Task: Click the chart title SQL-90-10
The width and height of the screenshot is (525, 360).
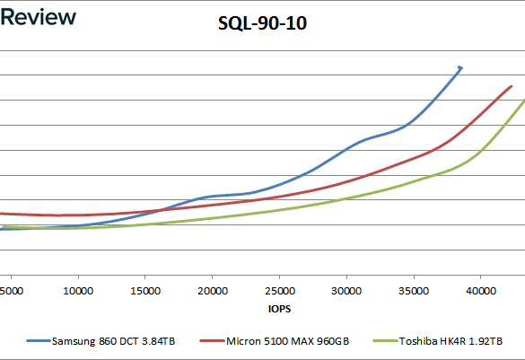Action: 262,23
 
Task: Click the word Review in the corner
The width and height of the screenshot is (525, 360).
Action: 38,17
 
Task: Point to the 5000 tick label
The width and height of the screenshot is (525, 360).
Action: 12,291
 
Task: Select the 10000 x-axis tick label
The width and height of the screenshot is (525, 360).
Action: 78,291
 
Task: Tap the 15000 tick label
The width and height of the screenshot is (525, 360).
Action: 145,291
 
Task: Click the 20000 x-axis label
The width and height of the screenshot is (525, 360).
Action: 213,291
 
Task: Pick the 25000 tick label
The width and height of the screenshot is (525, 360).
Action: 280,291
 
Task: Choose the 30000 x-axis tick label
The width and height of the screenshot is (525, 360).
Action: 346,291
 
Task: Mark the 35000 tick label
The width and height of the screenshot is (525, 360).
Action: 414,291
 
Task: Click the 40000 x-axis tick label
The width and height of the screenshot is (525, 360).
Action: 481,291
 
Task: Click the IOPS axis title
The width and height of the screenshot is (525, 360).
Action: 279,309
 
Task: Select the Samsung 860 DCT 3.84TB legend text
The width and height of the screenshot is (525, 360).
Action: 113,341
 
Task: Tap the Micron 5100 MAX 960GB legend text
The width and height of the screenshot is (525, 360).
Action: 287,341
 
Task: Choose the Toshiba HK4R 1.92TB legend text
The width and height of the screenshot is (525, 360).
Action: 451,341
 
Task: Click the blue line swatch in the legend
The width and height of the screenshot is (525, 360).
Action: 39,341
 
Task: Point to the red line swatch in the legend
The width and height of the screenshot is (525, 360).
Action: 212,341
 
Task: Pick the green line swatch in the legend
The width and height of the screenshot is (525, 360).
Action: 385,341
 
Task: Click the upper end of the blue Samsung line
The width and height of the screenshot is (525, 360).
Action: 460,68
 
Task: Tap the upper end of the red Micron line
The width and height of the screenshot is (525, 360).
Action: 512,86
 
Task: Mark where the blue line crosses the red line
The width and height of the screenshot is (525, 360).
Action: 161,210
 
